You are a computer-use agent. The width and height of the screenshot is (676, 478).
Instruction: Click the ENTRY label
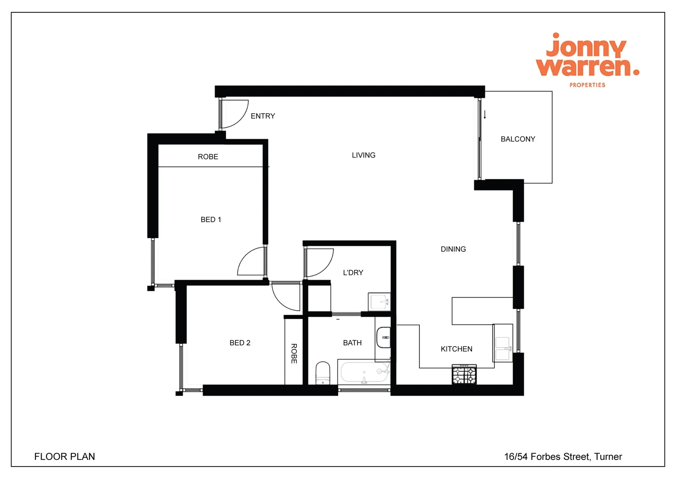pos(263,116)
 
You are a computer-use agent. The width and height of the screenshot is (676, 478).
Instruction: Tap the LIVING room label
pos(363,155)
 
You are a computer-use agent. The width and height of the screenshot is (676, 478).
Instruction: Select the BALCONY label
pos(518,139)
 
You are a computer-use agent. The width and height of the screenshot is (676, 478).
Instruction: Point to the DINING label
pos(453,249)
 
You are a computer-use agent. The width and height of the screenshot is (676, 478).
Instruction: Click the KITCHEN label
pos(456,349)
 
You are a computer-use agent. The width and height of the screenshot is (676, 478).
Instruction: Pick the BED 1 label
pos(211,220)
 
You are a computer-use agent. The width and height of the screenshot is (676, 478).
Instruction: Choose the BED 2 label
pos(240,343)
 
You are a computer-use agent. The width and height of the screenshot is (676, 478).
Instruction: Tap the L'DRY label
pos(353,273)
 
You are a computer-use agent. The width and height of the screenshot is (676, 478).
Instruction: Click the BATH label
pos(352,343)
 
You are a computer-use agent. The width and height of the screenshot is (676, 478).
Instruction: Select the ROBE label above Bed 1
pos(208,157)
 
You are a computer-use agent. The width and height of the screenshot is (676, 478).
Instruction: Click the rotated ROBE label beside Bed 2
pos(294,354)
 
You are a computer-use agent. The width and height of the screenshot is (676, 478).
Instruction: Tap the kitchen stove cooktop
pos(464,374)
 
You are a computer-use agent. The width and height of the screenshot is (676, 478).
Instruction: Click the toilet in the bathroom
pos(323,374)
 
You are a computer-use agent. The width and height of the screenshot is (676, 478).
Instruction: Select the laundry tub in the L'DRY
pos(380,302)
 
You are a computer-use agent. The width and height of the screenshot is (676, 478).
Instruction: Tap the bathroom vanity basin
pos(383,338)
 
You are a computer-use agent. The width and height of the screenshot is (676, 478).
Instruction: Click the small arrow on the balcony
pos(485,115)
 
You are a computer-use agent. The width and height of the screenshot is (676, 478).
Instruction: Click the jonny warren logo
pos(587,59)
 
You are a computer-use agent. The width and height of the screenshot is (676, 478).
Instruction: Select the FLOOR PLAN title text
pos(65,457)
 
